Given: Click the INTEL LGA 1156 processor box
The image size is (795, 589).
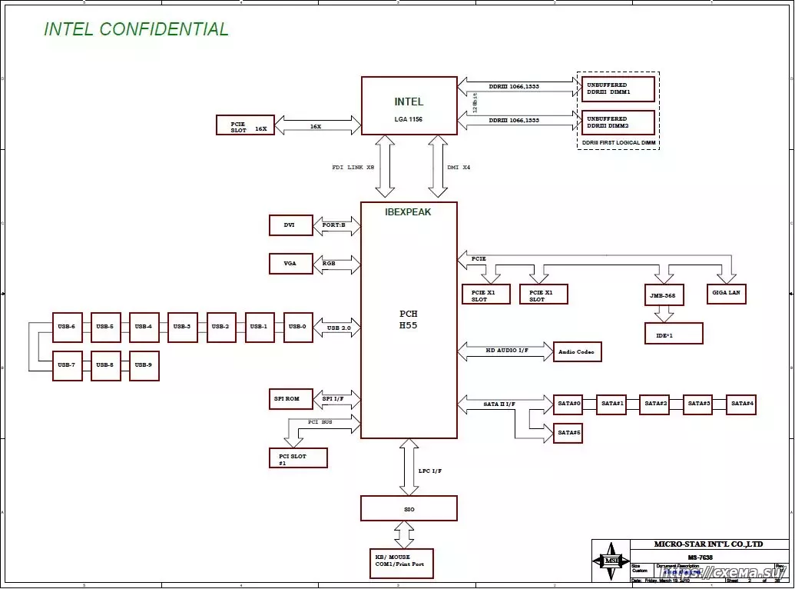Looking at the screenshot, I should click(x=409, y=105).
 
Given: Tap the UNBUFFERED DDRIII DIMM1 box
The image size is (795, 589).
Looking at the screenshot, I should click(x=618, y=88).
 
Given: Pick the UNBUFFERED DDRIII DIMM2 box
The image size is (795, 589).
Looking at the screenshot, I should click(x=618, y=122).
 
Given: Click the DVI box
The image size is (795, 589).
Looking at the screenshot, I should click(x=291, y=225).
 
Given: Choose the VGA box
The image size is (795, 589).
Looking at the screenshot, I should click(x=291, y=263).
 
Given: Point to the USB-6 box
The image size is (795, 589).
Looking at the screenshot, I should click(x=67, y=327).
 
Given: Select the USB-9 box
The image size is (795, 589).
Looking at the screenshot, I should click(x=144, y=365).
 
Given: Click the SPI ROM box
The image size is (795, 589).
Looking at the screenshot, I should click(x=291, y=399).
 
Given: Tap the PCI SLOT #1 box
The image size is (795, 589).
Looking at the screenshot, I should click(x=298, y=458).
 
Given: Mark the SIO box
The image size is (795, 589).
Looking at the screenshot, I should click(x=409, y=508).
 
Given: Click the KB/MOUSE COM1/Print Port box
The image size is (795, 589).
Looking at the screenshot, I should click(x=401, y=564).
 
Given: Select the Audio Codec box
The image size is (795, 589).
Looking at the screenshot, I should click(x=578, y=352).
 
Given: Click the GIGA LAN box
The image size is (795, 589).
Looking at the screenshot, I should click(x=726, y=294).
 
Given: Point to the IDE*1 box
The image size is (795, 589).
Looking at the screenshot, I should click(x=674, y=334).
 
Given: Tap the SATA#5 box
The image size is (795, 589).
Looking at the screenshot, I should click(x=568, y=433).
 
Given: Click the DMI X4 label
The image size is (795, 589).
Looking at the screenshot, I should click(x=458, y=167).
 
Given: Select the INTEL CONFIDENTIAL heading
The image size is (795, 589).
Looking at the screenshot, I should click(x=136, y=30).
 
